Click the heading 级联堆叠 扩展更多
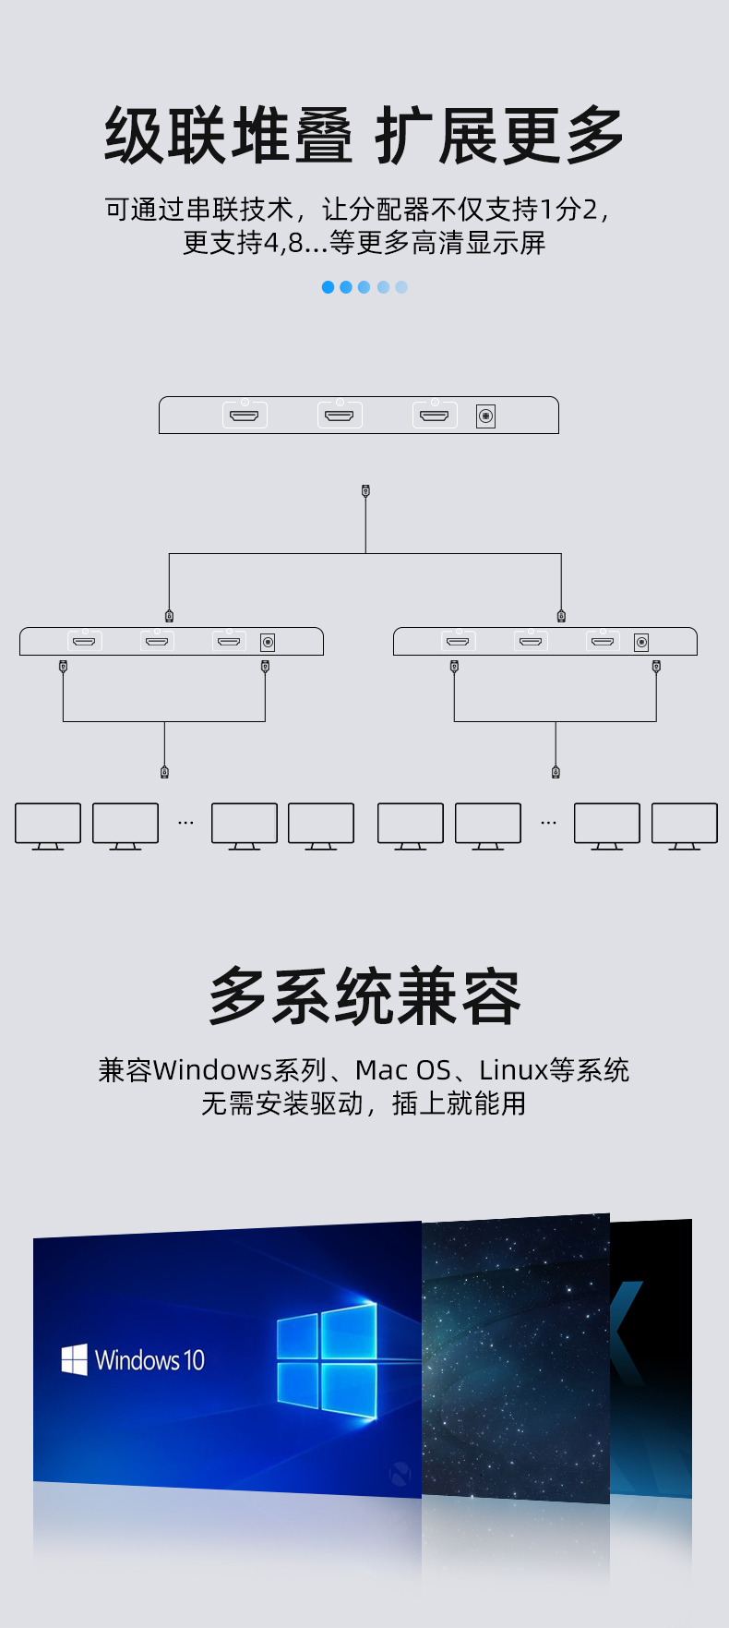[x=364, y=136]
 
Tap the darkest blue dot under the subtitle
[x=328, y=287]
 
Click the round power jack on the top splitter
[x=485, y=416]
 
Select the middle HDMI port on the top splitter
[x=340, y=416]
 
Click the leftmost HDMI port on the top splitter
[x=245, y=416]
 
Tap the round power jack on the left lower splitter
[x=268, y=642]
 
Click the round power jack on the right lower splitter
[x=641, y=642]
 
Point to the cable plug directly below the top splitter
[x=365, y=491]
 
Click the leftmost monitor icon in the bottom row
[x=48, y=825]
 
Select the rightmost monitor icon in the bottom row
[x=684, y=825]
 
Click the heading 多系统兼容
[x=364, y=996]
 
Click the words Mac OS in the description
[x=402, y=1070]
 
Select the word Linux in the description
[x=513, y=1070]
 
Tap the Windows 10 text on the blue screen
[x=149, y=1360]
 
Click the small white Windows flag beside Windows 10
[x=74, y=1359]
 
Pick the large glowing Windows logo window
[x=327, y=1361]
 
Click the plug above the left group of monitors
[x=164, y=771]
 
